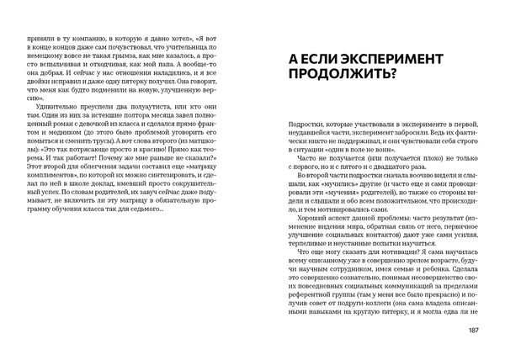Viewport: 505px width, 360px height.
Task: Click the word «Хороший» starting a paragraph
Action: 309,218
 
